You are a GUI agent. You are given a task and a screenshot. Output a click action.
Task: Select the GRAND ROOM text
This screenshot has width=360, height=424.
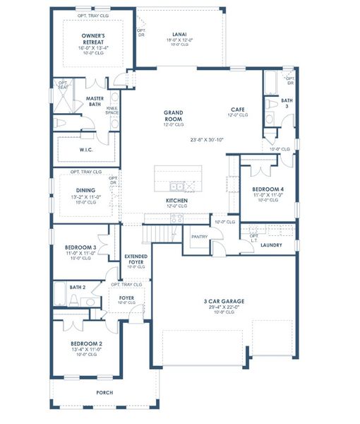pyautogui.click(x=174, y=116)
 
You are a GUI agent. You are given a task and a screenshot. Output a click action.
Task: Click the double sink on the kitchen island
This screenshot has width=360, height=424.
pyautogui.click(x=177, y=187)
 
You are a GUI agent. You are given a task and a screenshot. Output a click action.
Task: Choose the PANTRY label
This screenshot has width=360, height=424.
pyautogui.click(x=199, y=237)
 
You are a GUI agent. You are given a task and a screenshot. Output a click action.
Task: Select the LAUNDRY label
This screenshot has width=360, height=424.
pyautogui.click(x=270, y=245)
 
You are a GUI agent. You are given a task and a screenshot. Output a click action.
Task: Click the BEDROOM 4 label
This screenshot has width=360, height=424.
pyautogui.click(x=268, y=189)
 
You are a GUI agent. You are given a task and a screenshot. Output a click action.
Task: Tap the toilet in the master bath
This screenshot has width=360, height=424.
pyautogui.click(x=61, y=123)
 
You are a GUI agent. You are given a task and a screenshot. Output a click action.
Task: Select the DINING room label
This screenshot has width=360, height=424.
pyautogui.click(x=85, y=189)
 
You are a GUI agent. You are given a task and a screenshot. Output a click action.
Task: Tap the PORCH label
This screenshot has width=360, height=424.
pyautogui.click(x=104, y=392)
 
